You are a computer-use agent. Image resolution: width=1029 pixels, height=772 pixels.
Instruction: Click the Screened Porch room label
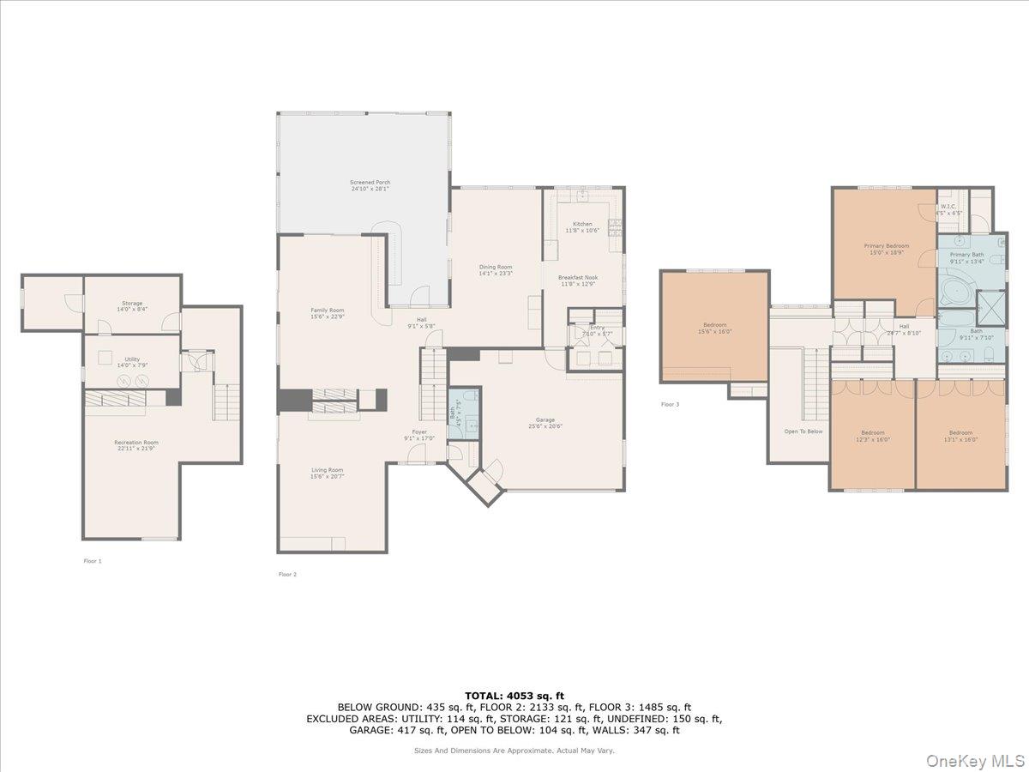(370, 183)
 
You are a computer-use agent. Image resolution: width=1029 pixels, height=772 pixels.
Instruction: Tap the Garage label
(545, 419)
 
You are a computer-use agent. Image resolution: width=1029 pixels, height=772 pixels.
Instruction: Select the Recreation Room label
(136, 443)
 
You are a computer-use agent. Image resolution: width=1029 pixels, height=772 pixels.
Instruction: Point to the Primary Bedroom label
(886, 246)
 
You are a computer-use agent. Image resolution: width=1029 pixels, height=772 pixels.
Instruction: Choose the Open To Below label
(803, 431)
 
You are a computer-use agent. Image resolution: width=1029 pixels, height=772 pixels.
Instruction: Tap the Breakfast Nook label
(578, 277)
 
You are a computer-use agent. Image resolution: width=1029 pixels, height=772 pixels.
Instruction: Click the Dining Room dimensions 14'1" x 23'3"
(496, 273)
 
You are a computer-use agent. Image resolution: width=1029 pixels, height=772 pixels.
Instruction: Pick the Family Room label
(327, 311)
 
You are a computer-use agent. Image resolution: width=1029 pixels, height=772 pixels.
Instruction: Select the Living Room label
(327, 470)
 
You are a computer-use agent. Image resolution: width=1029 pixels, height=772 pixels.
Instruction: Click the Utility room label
(131, 359)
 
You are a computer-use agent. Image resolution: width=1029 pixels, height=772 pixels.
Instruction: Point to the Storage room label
(131, 303)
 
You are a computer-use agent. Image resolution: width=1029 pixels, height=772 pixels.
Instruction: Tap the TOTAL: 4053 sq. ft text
(514, 696)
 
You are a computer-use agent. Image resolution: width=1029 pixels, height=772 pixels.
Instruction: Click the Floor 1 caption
(92, 560)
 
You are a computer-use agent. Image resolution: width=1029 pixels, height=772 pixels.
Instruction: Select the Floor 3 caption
(670, 404)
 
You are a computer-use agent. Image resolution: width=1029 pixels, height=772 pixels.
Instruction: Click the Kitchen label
(582, 224)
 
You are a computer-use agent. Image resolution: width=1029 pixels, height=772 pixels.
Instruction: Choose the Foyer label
(419, 431)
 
